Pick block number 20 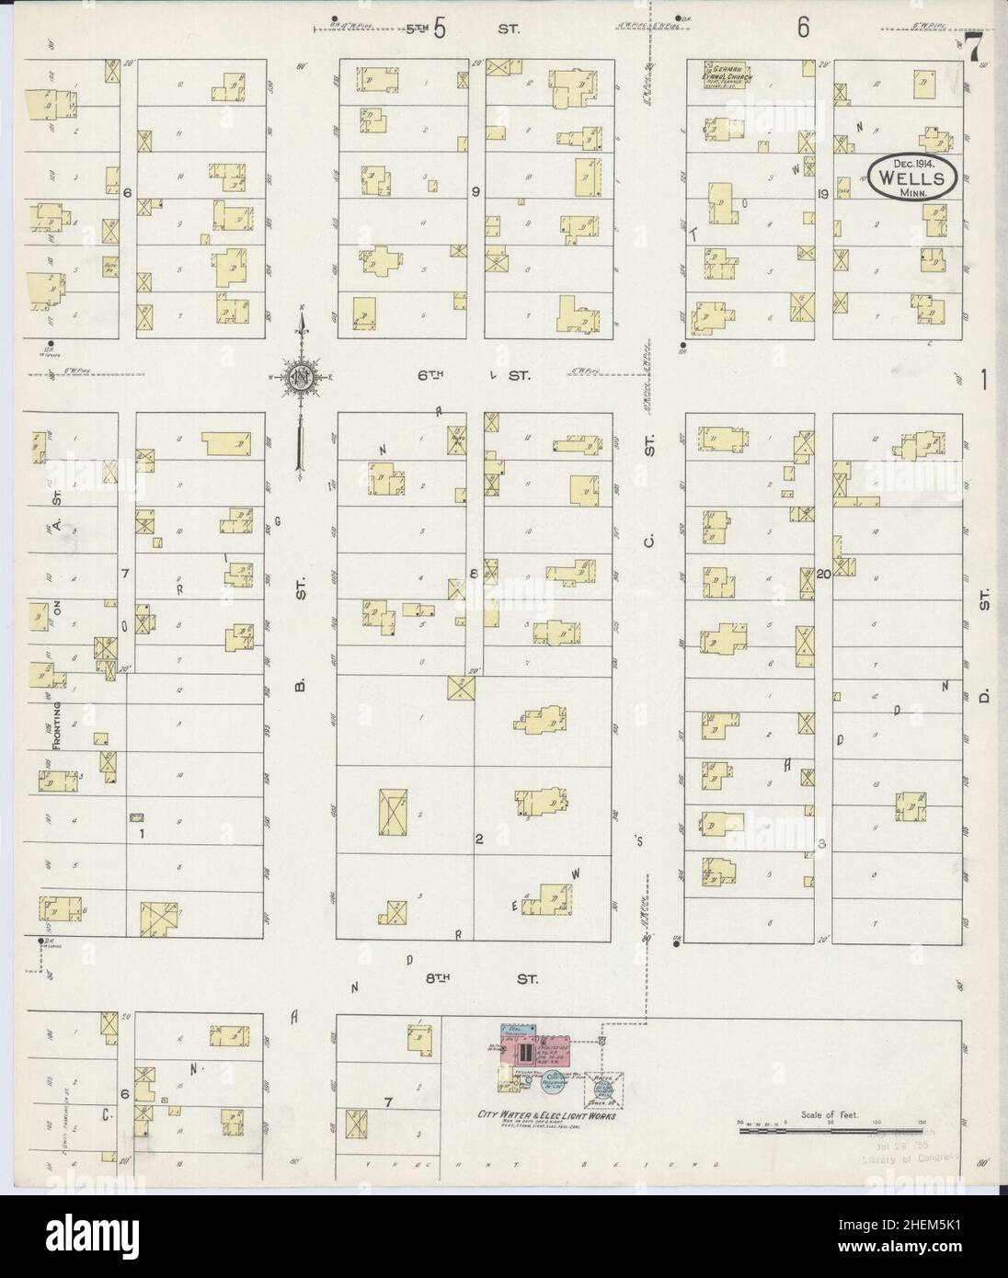tap(824, 573)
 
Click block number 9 tap(476, 192)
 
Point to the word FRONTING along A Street tap(57, 725)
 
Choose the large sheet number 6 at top tap(804, 28)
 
